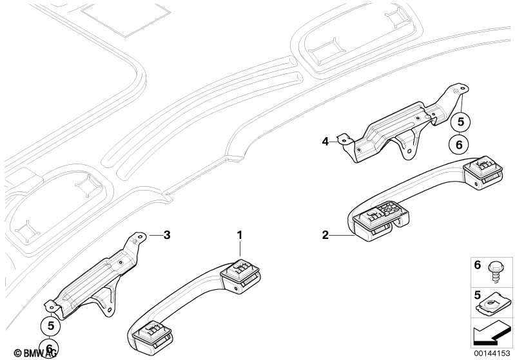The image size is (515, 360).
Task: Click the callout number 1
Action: [240, 236]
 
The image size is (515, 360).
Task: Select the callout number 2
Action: [326, 236]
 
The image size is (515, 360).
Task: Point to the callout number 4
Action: [326, 140]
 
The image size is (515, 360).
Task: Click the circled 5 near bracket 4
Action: [460, 120]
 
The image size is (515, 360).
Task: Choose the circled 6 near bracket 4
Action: [460, 145]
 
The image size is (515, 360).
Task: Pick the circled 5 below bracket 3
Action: [50, 325]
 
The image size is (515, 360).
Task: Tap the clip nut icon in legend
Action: [495, 302]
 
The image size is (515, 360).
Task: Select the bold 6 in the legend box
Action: [478, 264]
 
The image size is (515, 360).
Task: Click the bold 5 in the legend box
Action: [478, 296]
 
